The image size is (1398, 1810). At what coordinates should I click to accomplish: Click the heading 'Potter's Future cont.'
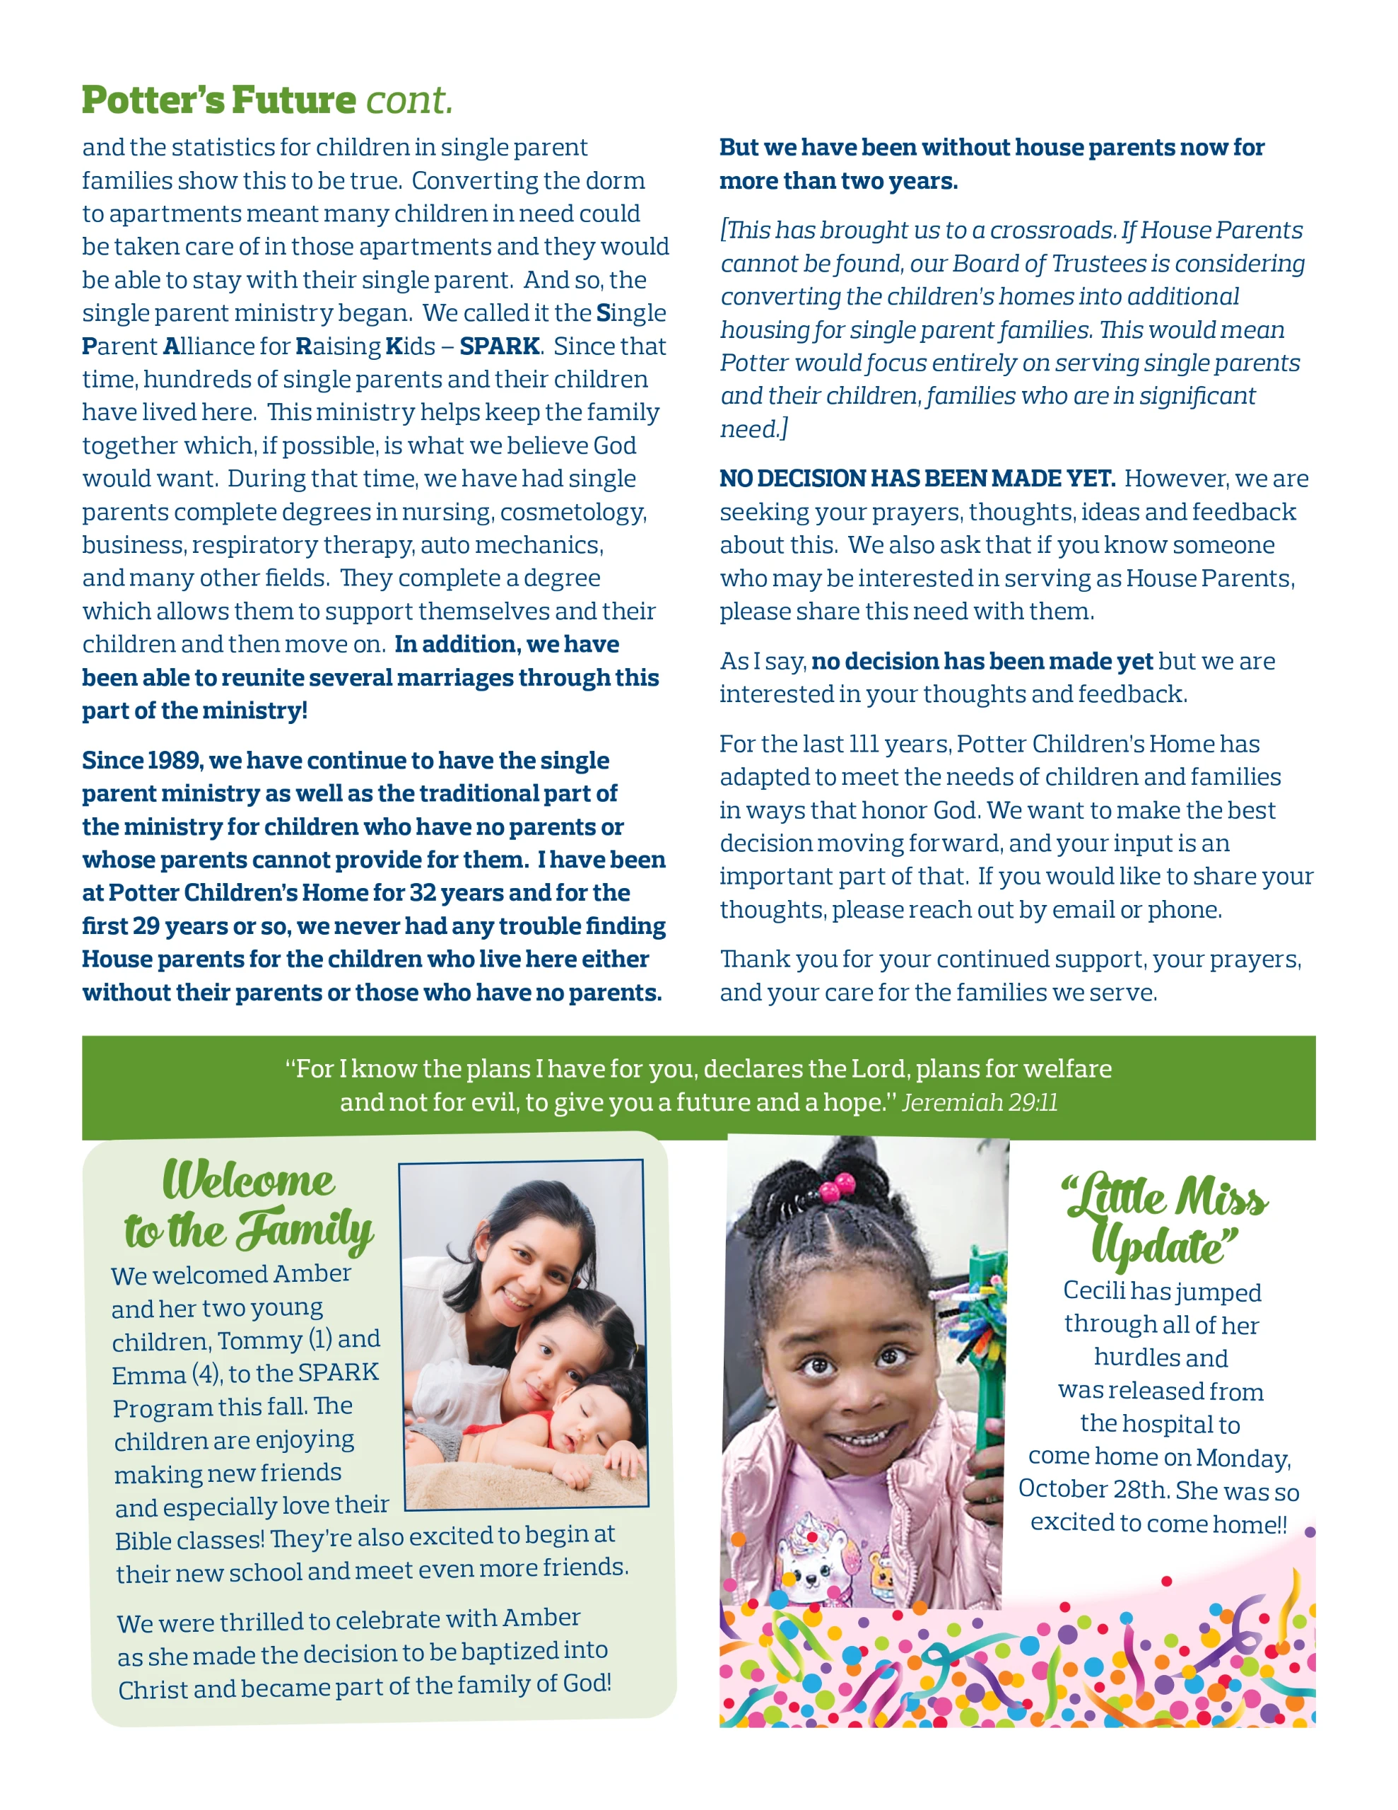[x=267, y=100]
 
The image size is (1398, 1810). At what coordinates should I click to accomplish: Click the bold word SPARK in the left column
[x=500, y=346]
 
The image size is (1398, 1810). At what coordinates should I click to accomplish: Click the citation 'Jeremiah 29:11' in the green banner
[x=980, y=1102]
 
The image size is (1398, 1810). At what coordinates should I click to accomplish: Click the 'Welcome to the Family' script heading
[x=249, y=1205]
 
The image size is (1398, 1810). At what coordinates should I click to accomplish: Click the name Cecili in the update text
[x=1094, y=1290]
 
